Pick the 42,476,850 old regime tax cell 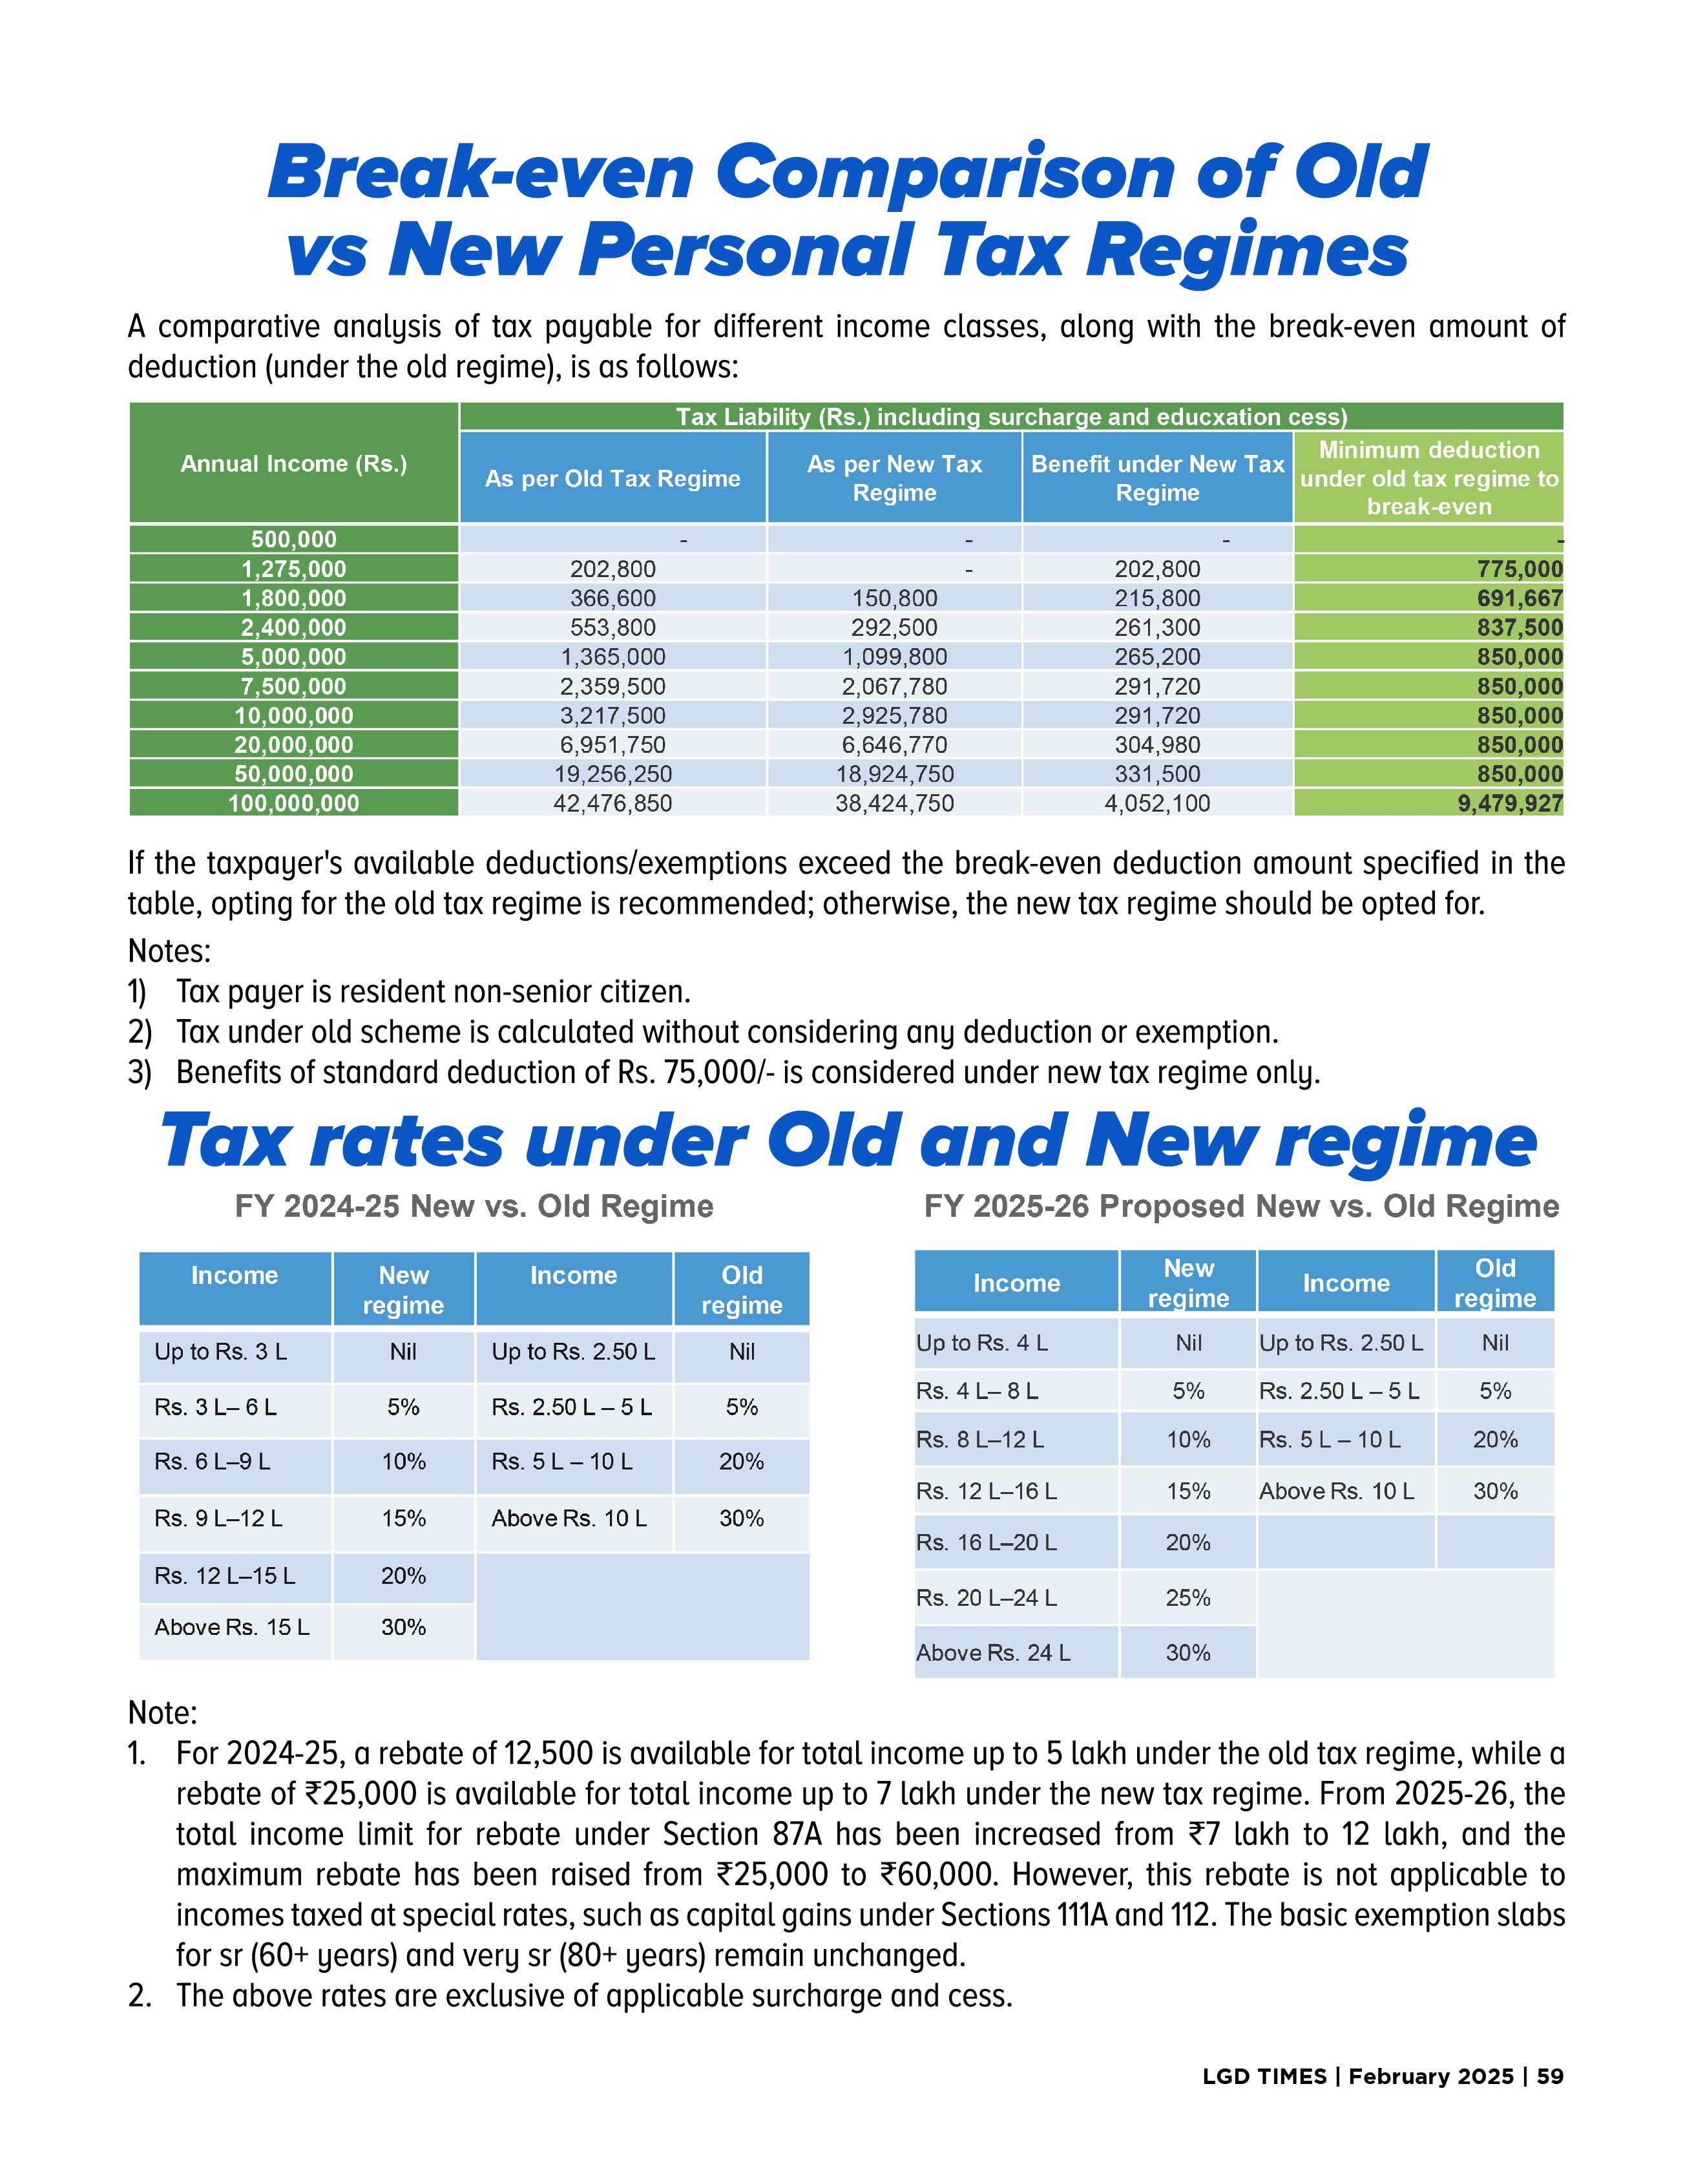coord(612,803)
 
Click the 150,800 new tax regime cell coord(894,598)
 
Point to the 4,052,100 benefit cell coord(1156,803)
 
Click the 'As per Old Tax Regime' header coord(612,479)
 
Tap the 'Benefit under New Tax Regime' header coord(1157,478)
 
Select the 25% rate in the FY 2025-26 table coord(1187,1597)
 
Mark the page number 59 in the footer coord(1549,2076)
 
